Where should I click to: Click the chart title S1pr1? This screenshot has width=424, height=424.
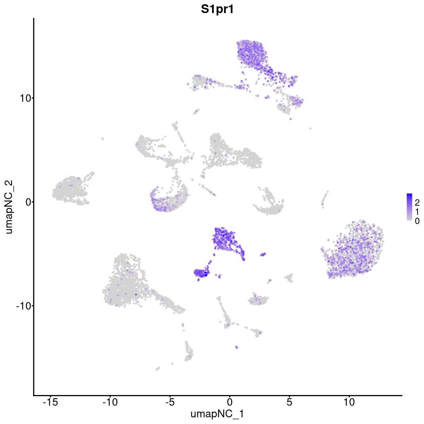(217, 10)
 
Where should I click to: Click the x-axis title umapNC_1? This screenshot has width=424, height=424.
(217, 414)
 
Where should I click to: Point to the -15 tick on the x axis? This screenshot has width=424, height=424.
(50, 402)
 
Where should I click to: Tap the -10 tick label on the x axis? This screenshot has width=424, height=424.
(110, 402)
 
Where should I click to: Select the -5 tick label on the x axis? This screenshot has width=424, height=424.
(170, 402)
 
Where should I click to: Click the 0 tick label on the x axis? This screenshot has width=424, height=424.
(230, 402)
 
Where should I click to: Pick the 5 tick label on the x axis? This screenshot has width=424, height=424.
(289, 402)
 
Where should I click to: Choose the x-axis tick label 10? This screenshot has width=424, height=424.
(349, 402)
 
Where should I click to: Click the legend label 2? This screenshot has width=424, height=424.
(417, 202)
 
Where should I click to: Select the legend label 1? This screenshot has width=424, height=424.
(417, 212)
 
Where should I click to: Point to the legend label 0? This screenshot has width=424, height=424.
(417, 221)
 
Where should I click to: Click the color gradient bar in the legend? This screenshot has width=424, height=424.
(410, 207)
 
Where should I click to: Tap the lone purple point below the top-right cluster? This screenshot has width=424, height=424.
(290, 119)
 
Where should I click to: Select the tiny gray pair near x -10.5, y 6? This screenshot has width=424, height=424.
(102, 139)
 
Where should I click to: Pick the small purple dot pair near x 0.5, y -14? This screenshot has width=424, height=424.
(236, 347)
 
